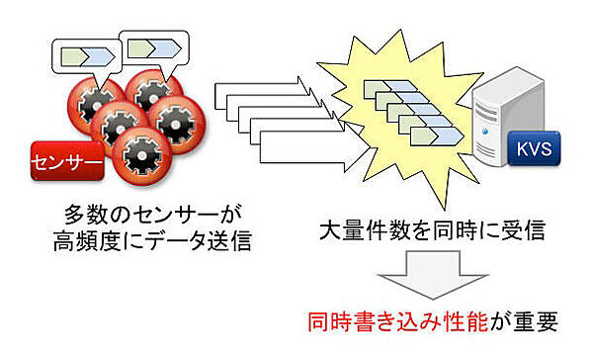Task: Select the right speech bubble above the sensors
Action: [x=154, y=46]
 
